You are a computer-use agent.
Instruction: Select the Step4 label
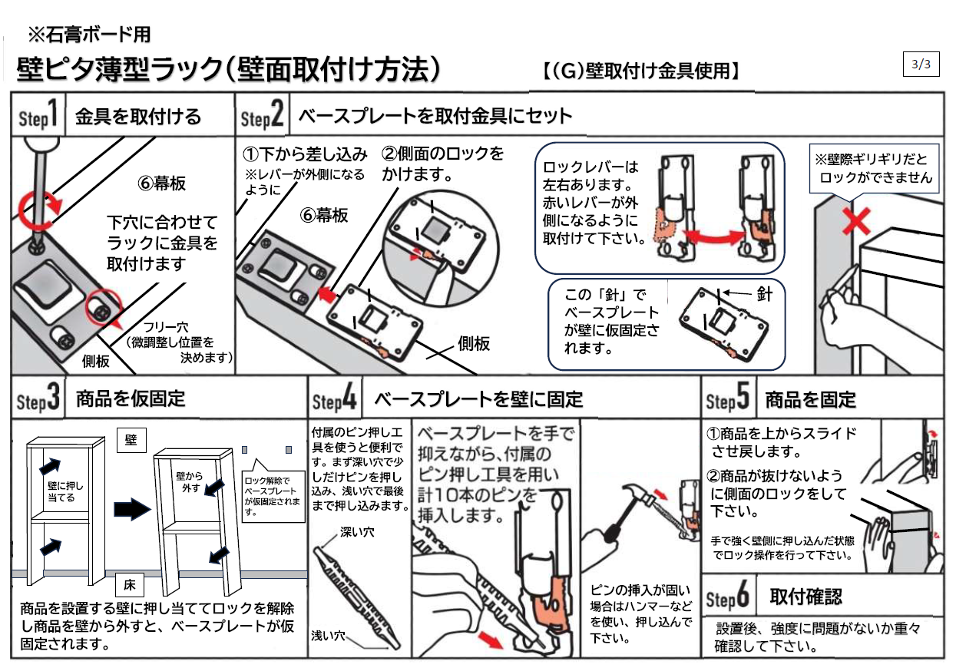tap(334, 400)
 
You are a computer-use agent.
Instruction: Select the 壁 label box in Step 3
tap(131, 439)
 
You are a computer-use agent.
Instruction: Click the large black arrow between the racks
tap(131, 508)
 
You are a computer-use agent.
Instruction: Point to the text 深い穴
tap(357, 532)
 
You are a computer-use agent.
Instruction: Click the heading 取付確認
tap(805, 597)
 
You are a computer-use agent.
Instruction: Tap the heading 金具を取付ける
tap(138, 117)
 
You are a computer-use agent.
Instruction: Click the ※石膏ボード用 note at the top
tap(88, 35)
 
